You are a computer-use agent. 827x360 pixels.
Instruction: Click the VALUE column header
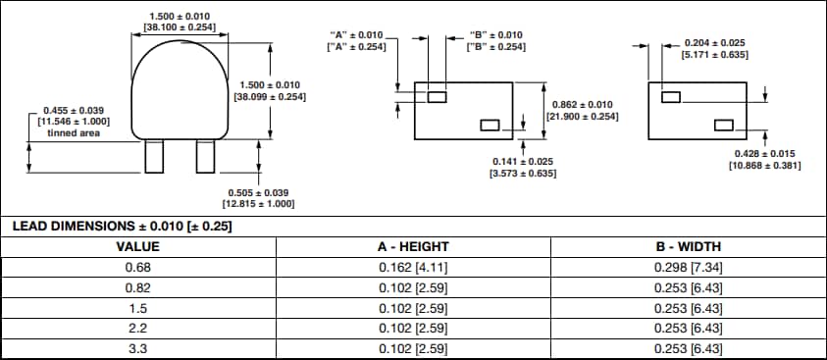coord(137,246)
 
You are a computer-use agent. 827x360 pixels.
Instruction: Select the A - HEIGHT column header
coord(413,246)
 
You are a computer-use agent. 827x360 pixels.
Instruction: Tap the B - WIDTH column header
coord(688,246)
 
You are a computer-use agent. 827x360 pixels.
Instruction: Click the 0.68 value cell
coord(137,267)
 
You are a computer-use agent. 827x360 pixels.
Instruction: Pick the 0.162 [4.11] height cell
coord(413,267)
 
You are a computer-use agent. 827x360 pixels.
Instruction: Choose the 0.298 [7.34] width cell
coord(688,267)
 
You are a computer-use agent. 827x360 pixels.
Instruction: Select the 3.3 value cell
coord(137,349)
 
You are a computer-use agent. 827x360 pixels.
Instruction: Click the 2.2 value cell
coord(137,329)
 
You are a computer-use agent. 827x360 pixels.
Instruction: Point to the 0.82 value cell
coord(137,287)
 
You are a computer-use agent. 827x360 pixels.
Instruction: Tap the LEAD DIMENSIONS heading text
coord(122,227)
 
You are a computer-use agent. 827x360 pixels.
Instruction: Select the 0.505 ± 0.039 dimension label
coord(260,192)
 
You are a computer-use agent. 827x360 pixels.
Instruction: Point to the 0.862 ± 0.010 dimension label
coord(582,105)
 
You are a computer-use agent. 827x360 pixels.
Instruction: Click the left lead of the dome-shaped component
coord(154,156)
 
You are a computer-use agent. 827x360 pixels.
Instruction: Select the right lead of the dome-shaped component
coord(205,156)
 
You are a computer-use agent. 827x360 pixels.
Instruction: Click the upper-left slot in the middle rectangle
coord(438,96)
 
